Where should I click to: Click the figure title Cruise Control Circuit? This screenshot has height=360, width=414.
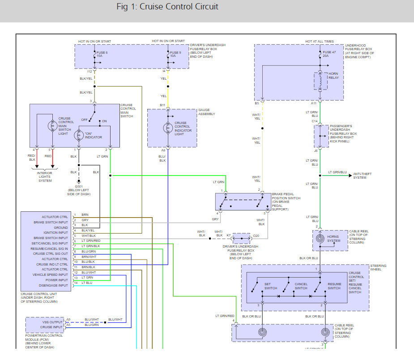click(167, 7)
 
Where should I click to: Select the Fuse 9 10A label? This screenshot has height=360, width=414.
click(175, 55)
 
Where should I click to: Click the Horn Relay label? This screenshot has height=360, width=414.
click(333, 76)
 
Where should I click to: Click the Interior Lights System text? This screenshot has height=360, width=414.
click(45, 177)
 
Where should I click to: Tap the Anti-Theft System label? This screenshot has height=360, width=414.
click(362, 176)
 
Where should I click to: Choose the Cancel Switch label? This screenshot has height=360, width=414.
click(301, 286)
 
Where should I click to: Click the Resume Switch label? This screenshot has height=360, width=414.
click(334, 286)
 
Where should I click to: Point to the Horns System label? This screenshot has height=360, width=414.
click(333, 239)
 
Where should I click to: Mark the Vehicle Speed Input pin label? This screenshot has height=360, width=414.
click(51, 275)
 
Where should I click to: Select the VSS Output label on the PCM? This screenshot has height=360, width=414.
click(53, 322)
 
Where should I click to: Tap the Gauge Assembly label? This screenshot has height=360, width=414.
click(207, 112)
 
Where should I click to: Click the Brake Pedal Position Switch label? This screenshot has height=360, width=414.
click(286, 200)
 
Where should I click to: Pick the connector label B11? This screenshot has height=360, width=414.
click(163, 105)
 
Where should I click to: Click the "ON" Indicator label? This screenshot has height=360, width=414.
click(93, 135)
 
